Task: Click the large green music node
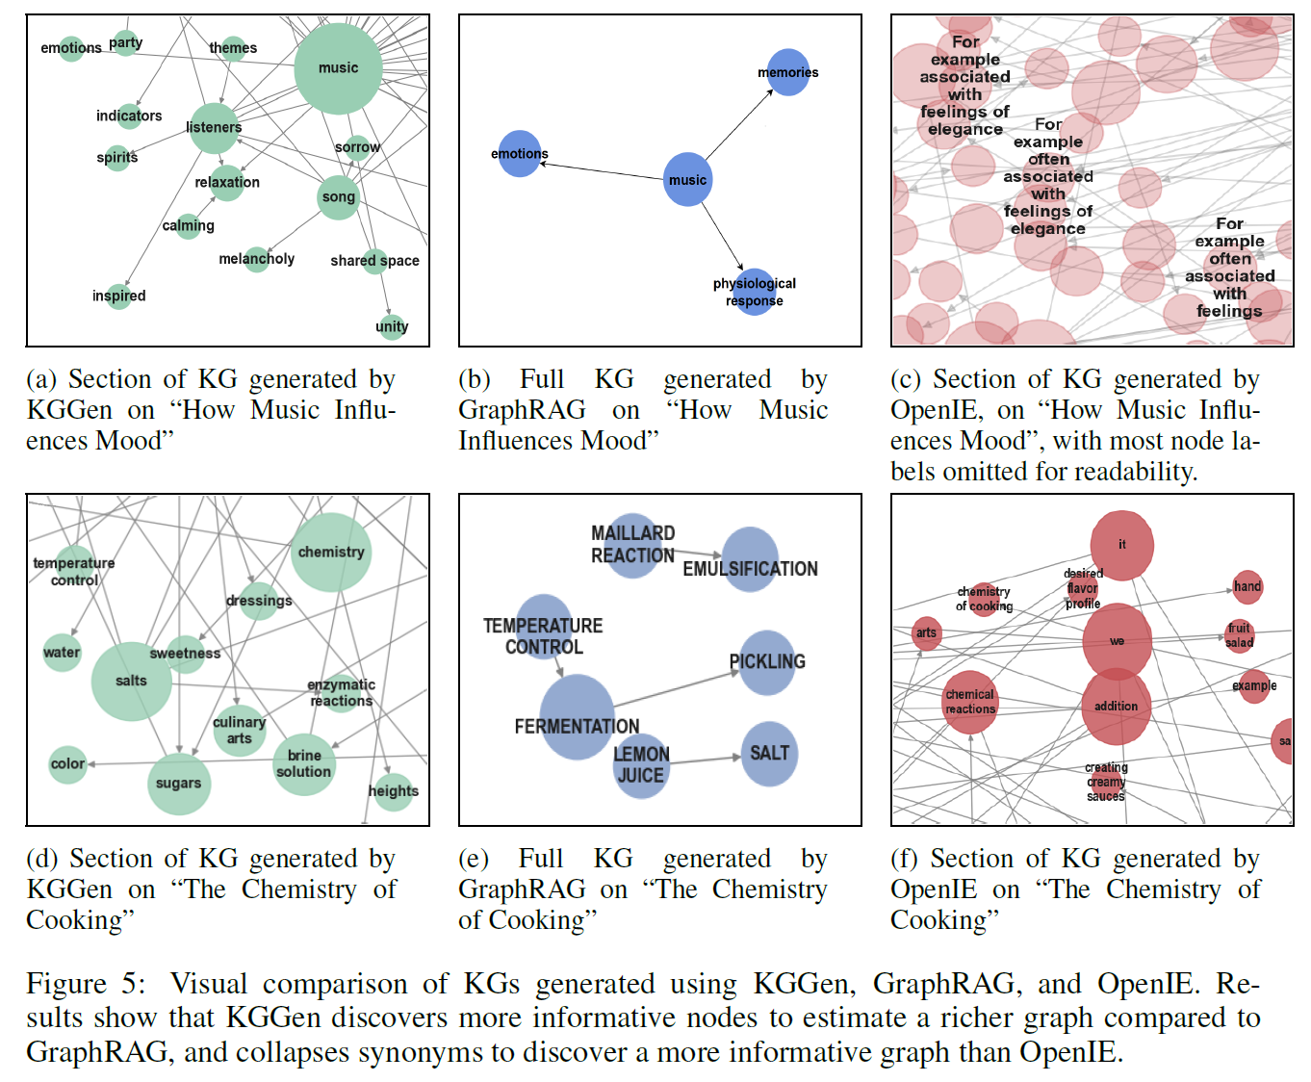(x=338, y=68)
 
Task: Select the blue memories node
(x=788, y=72)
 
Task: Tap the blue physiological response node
(x=755, y=292)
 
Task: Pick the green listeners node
(x=214, y=128)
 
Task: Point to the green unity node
(x=392, y=326)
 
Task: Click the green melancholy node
(x=256, y=259)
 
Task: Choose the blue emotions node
(x=520, y=154)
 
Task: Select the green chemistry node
(x=331, y=553)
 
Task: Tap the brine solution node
(x=304, y=764)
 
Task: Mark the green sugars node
(x=179, y=784)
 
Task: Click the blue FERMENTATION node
(x=577, y=717)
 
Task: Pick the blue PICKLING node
(x=767, y=662)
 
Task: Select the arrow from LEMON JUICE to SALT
(x=705, y=760)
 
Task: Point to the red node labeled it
(x=1121, y=545)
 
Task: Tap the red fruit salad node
(x=1239, y=635)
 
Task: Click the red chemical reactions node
(x=970, y=702)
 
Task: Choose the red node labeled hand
(x=1247, y=586)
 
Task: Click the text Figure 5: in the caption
(x=86, y=984)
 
